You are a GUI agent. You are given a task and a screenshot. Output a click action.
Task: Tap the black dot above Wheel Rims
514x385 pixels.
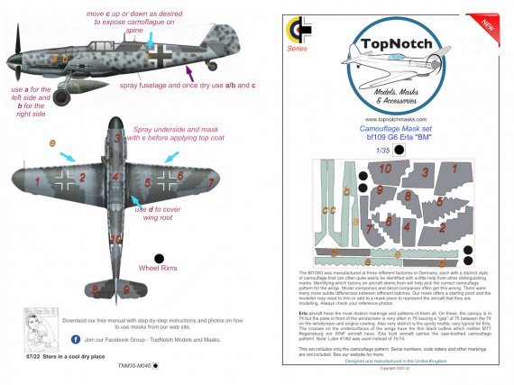tap(159, 257)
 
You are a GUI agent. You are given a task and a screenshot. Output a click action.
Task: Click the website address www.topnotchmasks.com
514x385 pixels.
tap(390, 118)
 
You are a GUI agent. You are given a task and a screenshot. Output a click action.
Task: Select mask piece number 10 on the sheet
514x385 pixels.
tap(384, 169)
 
